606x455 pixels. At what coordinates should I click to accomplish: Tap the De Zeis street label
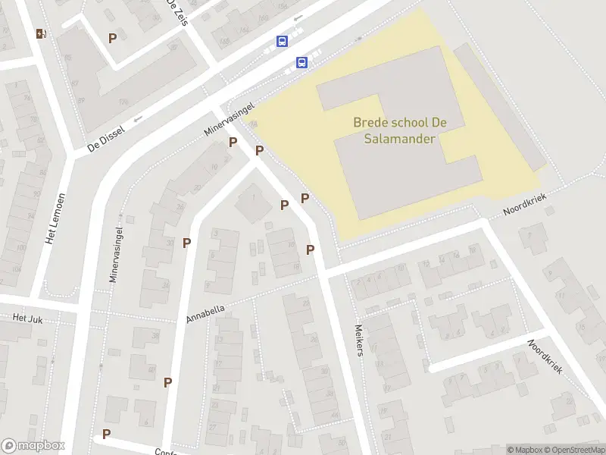pos(175,12)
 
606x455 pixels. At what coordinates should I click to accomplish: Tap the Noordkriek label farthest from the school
pos(545,356)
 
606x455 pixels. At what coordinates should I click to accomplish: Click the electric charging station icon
pos(41,33)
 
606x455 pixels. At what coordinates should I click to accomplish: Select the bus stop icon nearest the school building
pos(301,63)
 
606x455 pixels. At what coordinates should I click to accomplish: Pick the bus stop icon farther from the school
pos(283,42)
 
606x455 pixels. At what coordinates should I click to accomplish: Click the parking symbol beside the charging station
pos(113,37)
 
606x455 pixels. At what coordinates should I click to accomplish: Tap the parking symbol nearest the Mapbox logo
pos(106,434)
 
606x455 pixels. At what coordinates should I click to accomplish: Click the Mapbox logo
pos(33,446)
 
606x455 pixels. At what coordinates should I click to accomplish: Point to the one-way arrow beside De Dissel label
pos(137,119)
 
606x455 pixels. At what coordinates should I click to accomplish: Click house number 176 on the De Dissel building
pos(121,101)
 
